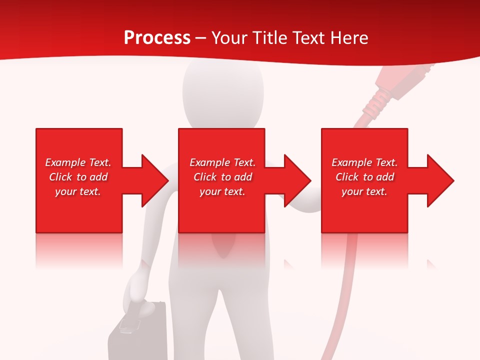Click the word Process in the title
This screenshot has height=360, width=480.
157,38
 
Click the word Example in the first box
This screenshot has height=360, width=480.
65,162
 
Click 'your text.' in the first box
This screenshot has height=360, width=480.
78,191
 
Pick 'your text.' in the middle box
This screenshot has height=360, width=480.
222,191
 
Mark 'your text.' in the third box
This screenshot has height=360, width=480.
364,191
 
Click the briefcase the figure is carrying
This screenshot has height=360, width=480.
137,335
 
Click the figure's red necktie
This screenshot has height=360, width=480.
222,245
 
